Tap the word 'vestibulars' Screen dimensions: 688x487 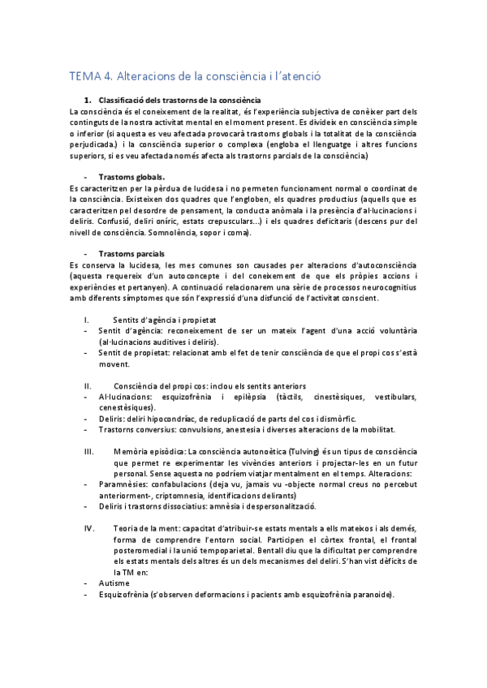tap(392, 397)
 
